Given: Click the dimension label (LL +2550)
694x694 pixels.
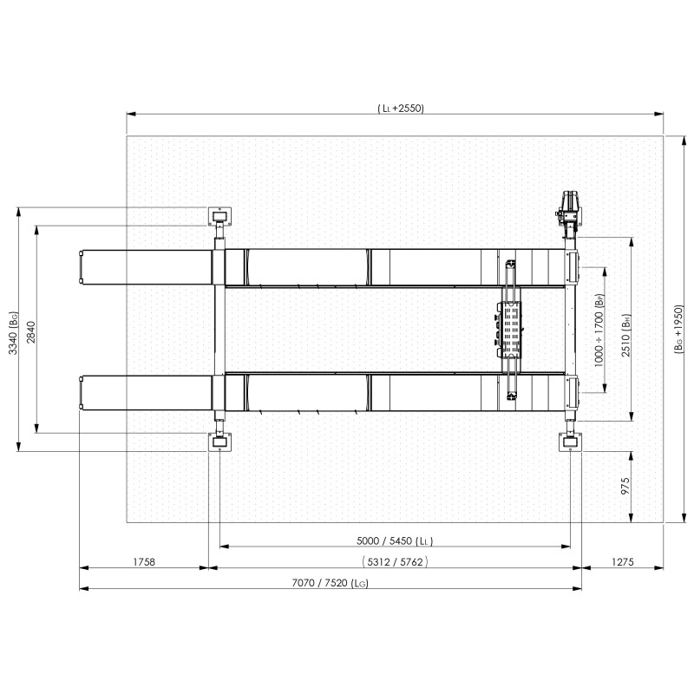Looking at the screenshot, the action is click(401, 108).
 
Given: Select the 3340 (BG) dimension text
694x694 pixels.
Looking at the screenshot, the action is click(14, 333).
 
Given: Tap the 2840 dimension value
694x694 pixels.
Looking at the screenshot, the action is click(31, 332).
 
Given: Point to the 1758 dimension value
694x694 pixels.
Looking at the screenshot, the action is click(144, 561).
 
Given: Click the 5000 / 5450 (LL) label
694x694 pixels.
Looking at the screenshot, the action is click(395, 540).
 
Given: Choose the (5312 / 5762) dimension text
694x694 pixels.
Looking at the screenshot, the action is click(395, 561).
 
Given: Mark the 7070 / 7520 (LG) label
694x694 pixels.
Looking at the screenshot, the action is click(331, 582).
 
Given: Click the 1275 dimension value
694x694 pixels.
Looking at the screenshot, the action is click(623, 561).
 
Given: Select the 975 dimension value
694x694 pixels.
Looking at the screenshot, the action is click(625, 486).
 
